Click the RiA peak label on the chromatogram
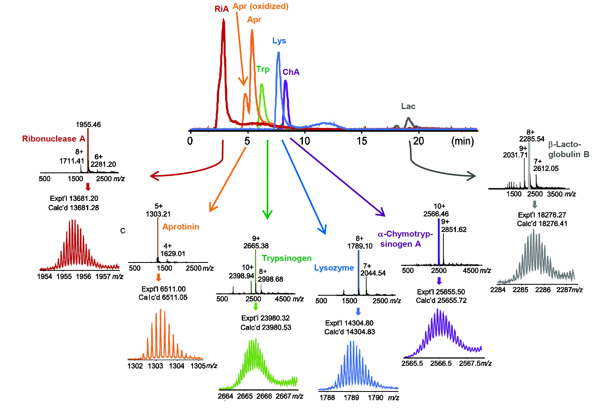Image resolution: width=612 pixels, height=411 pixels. (221, 9)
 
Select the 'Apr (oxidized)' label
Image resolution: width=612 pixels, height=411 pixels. (260, 6)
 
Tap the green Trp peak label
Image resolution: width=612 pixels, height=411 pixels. (263, 69)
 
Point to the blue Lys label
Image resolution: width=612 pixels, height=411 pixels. (279, 41)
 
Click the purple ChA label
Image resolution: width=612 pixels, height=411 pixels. (291, 72)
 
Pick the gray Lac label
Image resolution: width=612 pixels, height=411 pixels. (408, 106)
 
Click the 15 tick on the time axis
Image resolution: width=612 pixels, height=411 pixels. (362, 141)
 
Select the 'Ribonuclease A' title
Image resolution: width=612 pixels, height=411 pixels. (54, 139)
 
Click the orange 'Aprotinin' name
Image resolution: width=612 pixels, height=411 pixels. (181, 227)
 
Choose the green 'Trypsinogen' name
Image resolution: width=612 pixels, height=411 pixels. (287, 258)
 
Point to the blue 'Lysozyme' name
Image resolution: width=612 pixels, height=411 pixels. (334, 268)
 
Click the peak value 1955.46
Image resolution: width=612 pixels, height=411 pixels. (88, 125)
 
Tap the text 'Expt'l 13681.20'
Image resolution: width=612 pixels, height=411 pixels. (74, 198)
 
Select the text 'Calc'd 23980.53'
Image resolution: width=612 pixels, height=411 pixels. (266, 327)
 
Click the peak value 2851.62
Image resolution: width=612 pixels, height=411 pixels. (454, 230)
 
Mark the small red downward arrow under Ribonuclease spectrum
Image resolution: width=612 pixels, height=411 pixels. (88, 187)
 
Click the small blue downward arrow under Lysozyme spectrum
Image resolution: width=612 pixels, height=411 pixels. (358, 312)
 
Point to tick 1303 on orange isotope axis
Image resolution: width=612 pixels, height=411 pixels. (155, 366)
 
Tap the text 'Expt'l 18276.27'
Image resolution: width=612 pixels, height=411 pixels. (542, 215)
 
